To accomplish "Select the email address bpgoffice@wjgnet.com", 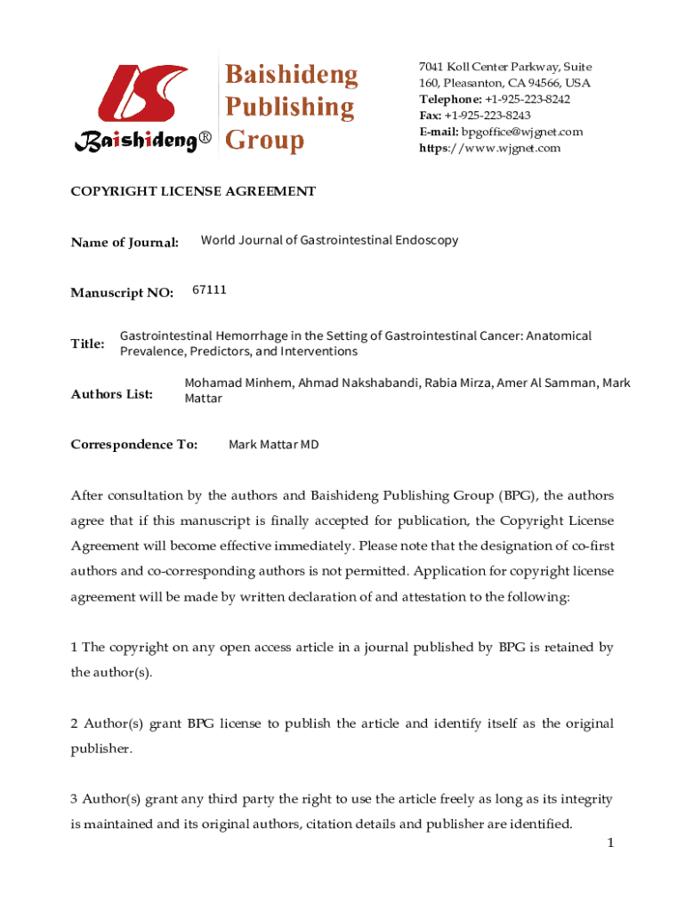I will (522, 132).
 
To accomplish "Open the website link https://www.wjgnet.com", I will (490, 148).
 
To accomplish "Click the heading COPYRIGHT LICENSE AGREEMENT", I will (193, 191).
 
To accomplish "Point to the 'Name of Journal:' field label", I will (125, 242).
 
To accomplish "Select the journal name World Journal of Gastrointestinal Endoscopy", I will (329, 239).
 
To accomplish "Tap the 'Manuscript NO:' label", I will (122, 293).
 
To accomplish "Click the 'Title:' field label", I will (87, 343).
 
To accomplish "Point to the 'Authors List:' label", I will (112, 393).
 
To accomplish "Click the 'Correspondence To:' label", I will (133, 444).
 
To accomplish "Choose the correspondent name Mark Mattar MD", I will (273, 444).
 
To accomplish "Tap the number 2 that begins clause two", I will (75, 723).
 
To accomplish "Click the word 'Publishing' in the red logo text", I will (288, 108).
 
